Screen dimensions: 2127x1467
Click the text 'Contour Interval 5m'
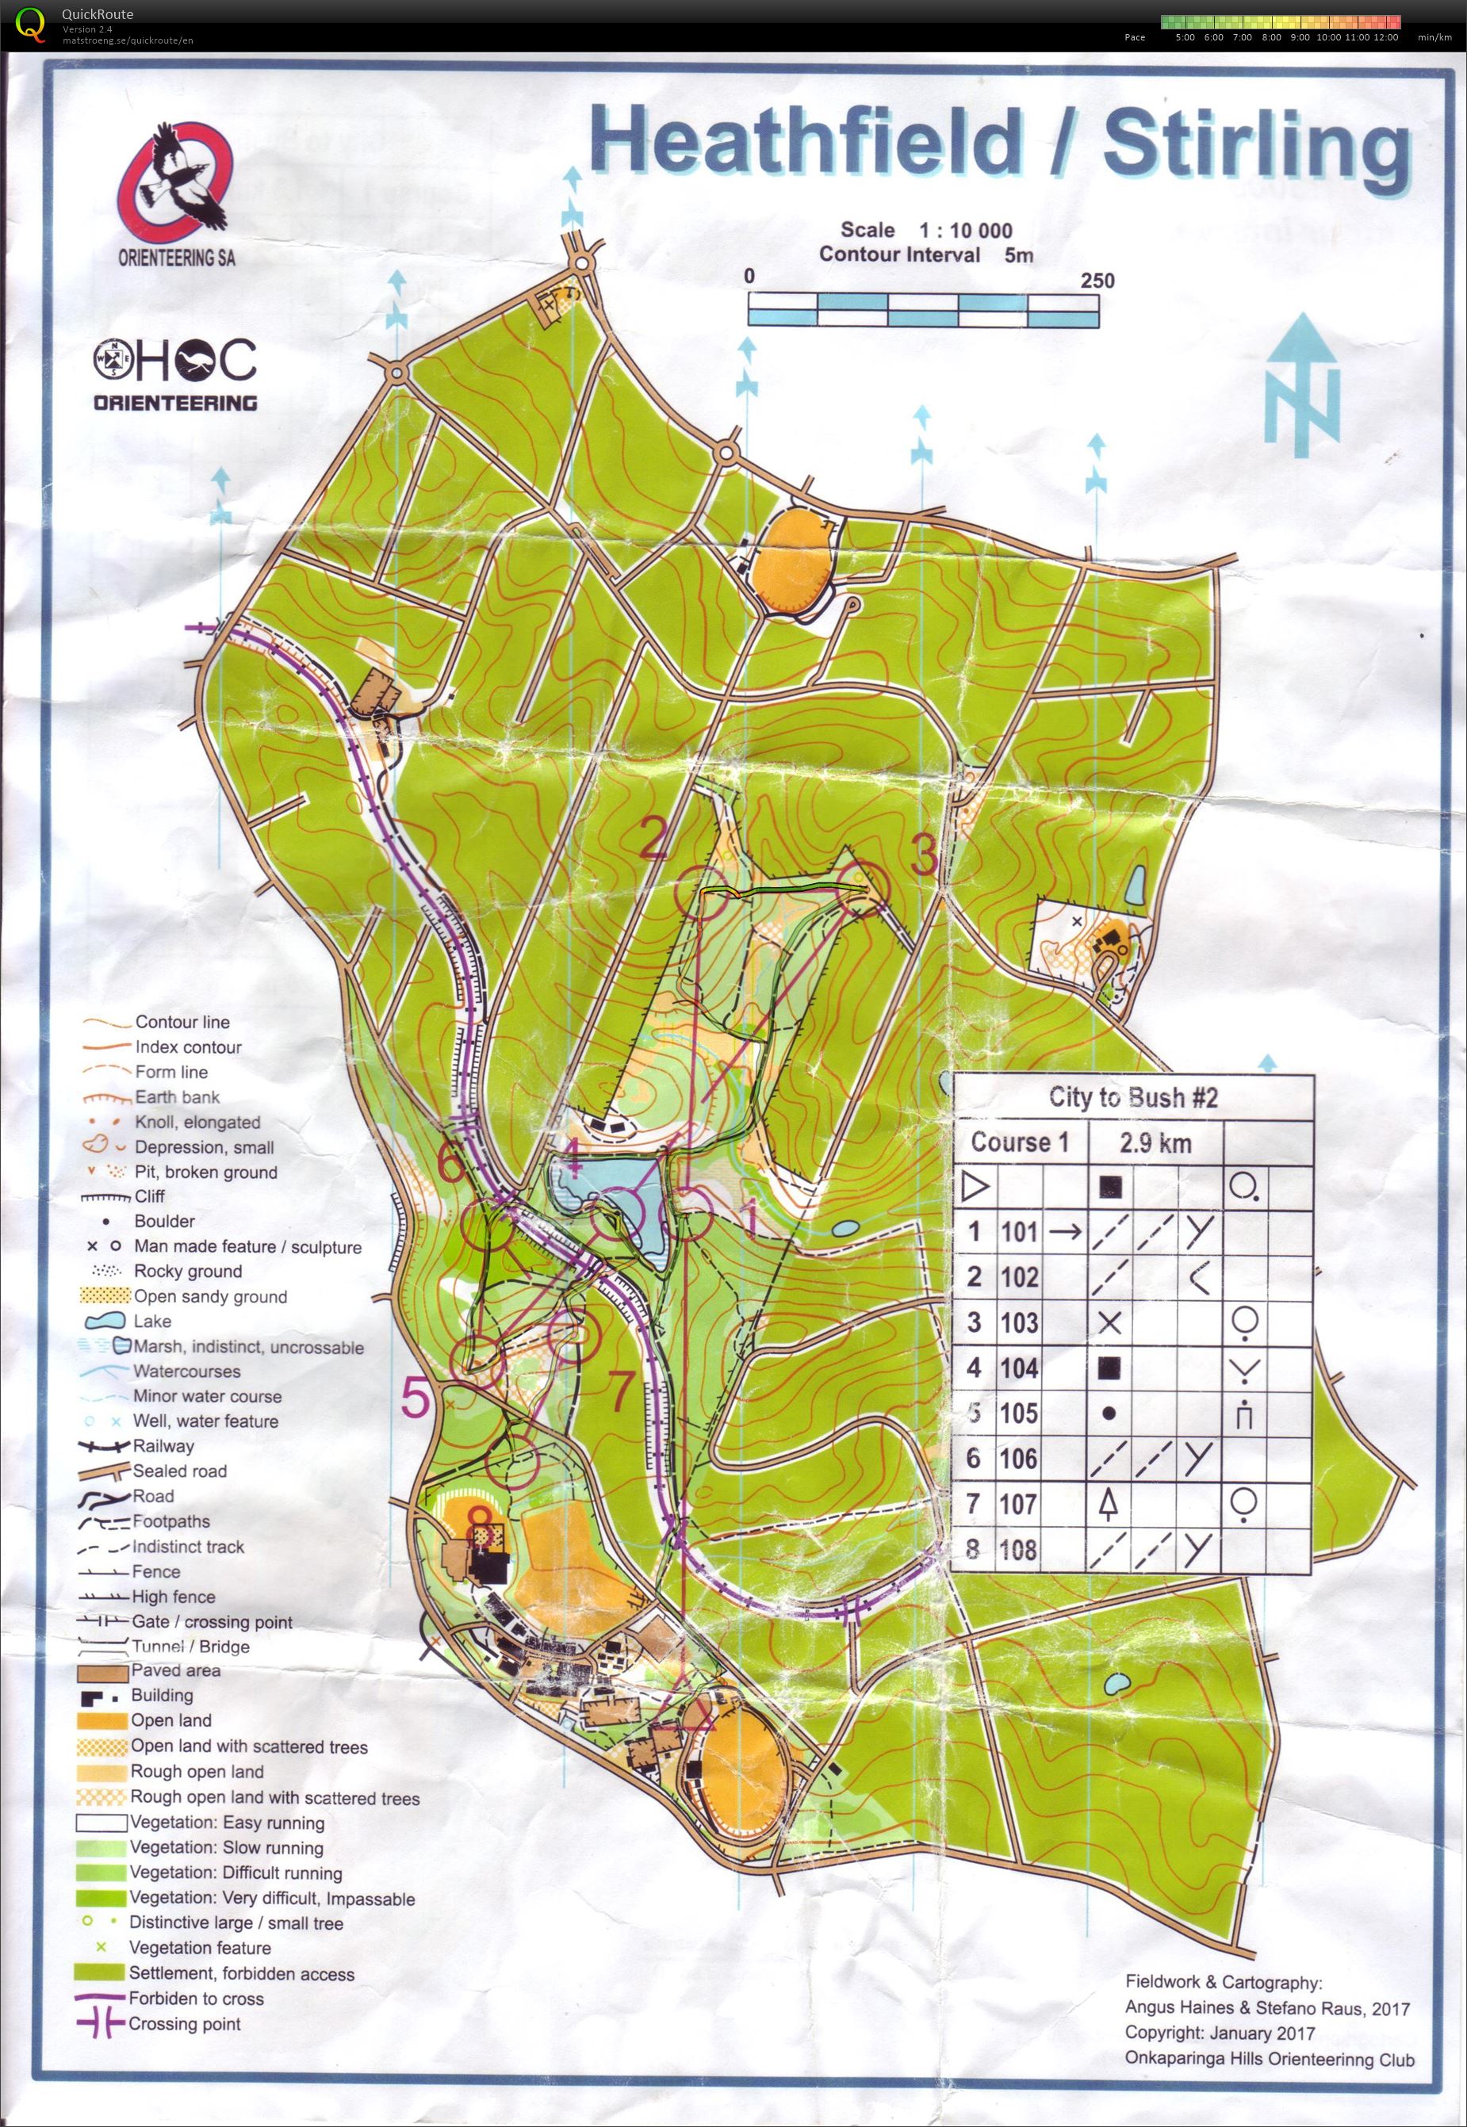925,255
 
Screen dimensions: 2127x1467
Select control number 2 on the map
653,838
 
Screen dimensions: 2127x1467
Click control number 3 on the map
923,856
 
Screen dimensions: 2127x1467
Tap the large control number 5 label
416,1399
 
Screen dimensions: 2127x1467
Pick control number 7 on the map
622,1391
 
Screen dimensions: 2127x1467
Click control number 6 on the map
450,1164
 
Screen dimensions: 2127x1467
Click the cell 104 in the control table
1018,1368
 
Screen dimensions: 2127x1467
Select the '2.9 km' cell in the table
1155,1143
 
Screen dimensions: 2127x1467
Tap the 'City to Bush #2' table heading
1132,1097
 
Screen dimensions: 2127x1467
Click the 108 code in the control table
1018,1550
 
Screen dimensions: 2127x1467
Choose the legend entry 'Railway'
163,1445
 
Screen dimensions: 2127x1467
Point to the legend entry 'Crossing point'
184,2023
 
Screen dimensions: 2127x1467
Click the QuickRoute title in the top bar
97,13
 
